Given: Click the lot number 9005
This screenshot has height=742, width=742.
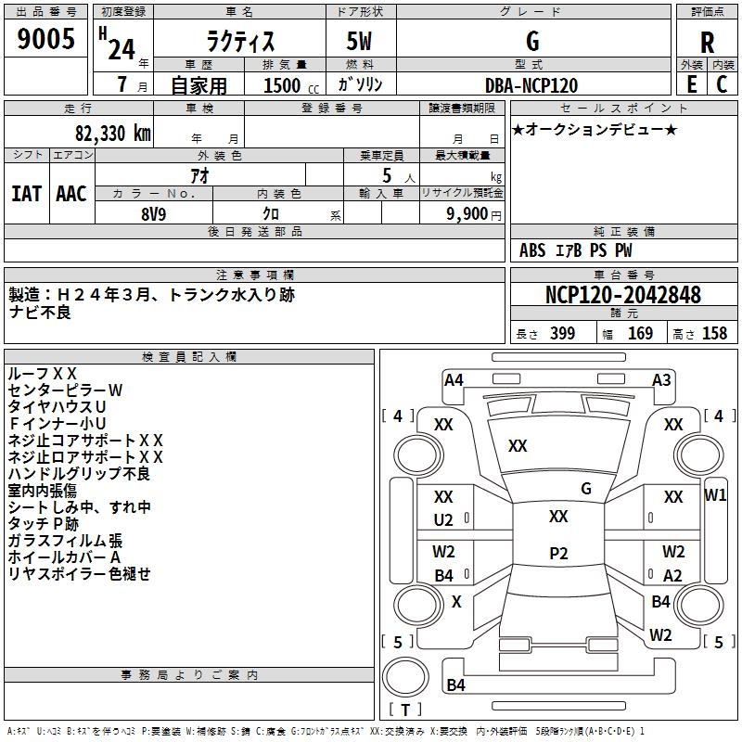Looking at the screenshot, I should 46,40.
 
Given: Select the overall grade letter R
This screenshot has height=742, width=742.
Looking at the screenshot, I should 707,42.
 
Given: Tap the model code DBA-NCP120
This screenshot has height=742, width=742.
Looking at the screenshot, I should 531,85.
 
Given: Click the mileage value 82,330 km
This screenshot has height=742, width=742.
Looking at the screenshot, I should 108,134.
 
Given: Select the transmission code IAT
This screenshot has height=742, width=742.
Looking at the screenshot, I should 26,194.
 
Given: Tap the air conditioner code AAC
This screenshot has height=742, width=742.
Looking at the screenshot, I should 71,194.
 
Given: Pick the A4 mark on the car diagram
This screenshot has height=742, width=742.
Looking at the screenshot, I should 454,379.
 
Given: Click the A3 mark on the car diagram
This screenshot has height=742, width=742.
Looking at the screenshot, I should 661,379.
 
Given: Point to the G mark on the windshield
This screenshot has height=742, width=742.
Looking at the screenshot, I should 586,488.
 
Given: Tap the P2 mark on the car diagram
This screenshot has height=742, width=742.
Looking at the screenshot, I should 558,553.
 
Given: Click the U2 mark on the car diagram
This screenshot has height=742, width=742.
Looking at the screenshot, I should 444,520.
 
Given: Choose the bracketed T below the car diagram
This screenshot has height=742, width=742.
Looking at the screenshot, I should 405,710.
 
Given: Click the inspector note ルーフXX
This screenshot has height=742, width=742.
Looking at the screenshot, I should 43,373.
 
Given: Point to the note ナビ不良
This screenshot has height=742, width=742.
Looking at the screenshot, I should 40,313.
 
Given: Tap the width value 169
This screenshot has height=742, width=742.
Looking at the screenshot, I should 640,334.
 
